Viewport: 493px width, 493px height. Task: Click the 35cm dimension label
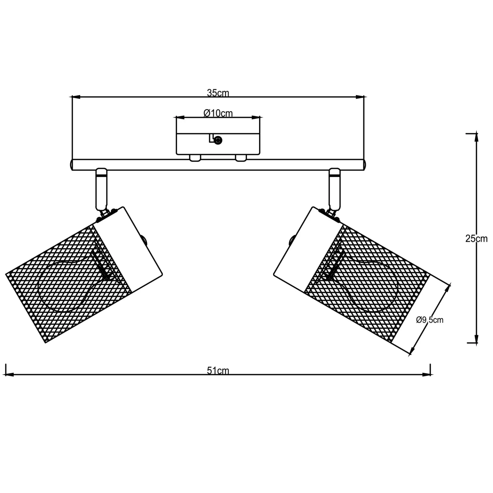[x=218, y=93]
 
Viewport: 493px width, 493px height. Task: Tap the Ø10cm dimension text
[x=218, y=113]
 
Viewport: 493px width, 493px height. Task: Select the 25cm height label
[x=476, y=239]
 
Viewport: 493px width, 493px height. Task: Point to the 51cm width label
[x=218, y=371]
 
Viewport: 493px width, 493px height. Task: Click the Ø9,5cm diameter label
[x=430, y=320]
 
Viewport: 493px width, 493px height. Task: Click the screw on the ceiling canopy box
[x=218, y=140]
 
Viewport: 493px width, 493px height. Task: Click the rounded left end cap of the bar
[x=71, y=165]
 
